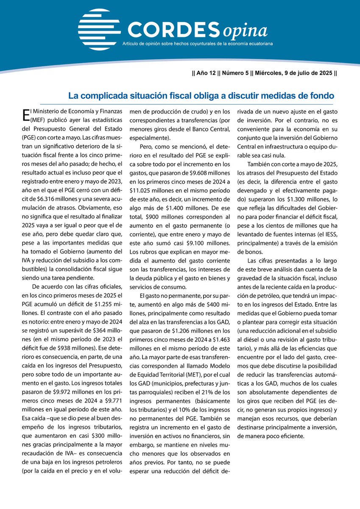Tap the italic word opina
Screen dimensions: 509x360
(x=246, y=31)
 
